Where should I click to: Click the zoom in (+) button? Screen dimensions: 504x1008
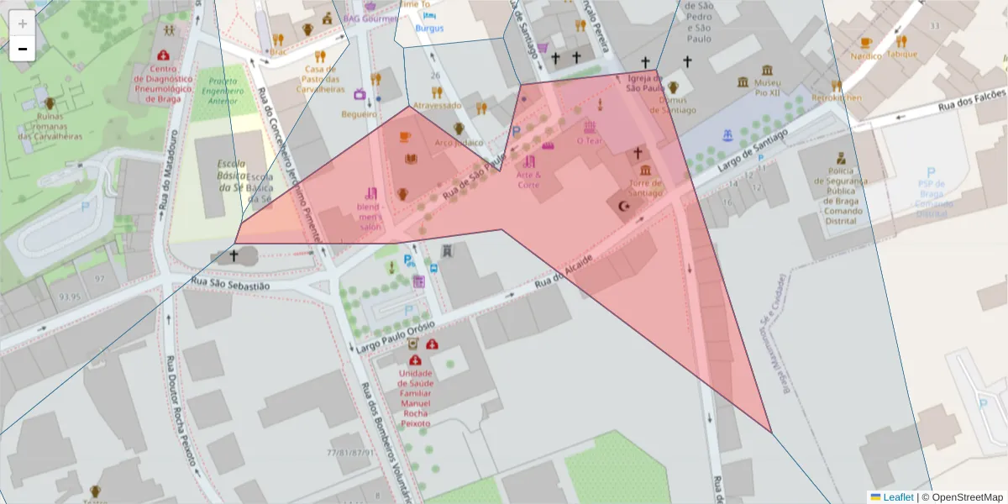pos(23,24)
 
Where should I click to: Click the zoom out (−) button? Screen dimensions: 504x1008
pos(23,49)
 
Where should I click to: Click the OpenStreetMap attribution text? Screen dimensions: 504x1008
pos(962,497)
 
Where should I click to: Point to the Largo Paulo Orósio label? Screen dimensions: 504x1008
pos(394,335)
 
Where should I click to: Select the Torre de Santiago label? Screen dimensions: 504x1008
pos(647,188)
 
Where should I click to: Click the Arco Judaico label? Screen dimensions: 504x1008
pos(459,142)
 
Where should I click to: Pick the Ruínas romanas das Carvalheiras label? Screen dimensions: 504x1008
pos(50,125)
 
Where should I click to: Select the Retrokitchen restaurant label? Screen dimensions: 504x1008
pos(836,97)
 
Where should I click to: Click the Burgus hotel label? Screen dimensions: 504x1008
pos(429,28)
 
